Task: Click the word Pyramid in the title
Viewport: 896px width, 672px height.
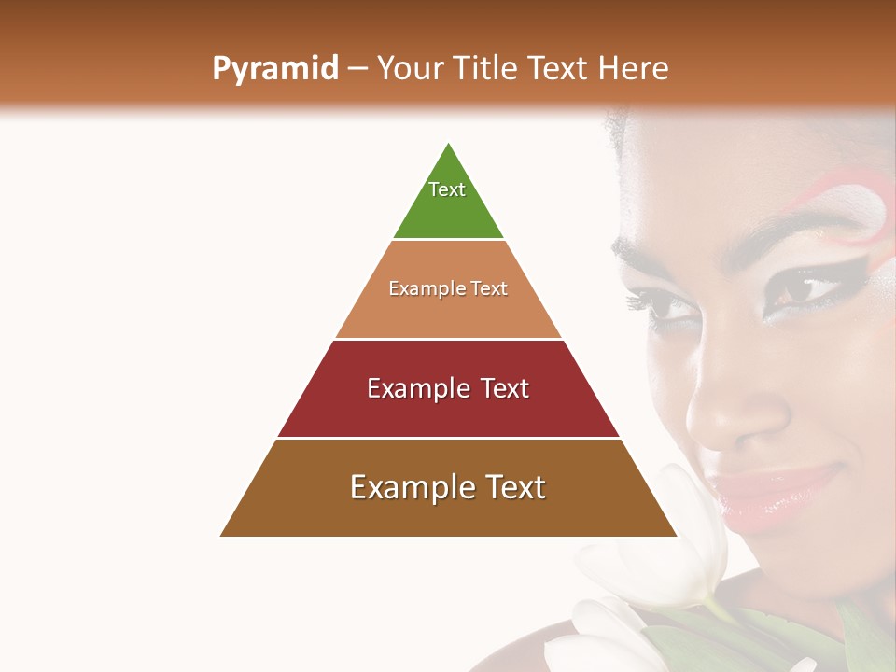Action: (x=274, y=69)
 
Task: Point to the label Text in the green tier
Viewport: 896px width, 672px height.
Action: (x=447, y=189)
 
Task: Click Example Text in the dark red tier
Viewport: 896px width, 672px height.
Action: (x=448, y=388)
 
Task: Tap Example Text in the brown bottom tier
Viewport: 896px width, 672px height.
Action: (x=448, y=487)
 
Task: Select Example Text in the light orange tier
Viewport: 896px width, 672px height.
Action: (x=448, y=288)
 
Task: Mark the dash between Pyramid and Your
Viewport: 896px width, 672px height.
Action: (x=357, y=69)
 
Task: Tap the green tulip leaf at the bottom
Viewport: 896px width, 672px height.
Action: (x=691, y=644)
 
